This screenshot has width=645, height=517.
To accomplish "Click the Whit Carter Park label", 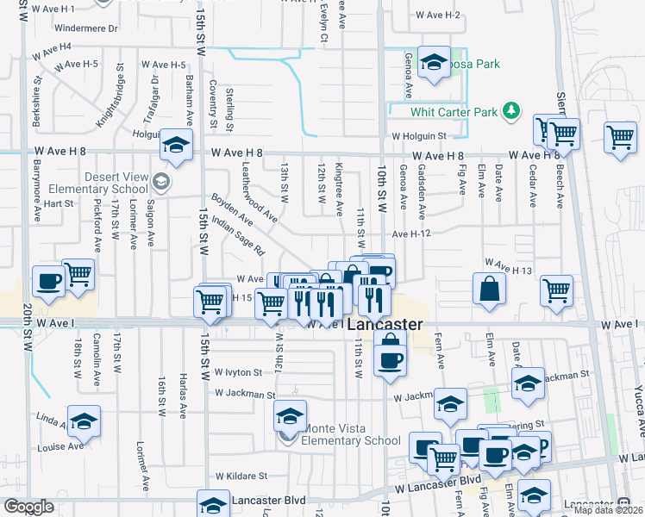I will pyautogui.click(x=454, y=112).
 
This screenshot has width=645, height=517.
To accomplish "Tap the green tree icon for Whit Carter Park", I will pyautogui.click(x=511, y=110).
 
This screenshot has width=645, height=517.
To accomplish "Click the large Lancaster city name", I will pyautogui.click(x=385, y=326).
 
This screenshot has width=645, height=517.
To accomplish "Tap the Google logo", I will pyautogui.click(x=28, y=506).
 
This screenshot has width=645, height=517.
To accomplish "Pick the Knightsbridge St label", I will pyautogui.click(x=111, y=96).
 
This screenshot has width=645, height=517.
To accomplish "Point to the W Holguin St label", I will pyautogui.click(x=419, y=135).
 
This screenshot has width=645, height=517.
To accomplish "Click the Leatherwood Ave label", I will pyautogui.click(x=259, y=192).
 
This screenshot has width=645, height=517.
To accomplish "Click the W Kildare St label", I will pyautogui.click(x=241, y=475).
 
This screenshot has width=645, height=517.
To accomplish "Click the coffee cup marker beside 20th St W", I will pyautogui.click(x=48, y=281).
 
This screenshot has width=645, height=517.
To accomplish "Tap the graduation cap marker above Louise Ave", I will pyautogui.click(x=84, y=420).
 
